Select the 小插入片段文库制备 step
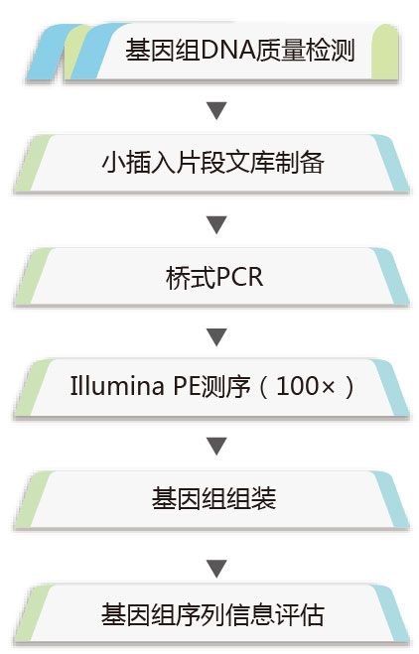pyautogui.click(x=212, y=163)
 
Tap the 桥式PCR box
pyautogui.click(x=212, y=277)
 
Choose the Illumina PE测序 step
pyautogui.click(x=212, y=387)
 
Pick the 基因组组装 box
pyautogui.click(x=212, y=499)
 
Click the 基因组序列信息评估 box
pyautogui.click(x=212, y=613)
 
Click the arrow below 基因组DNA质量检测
pyautogui.click(x=216, y=110)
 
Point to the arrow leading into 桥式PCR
pyautogui.click(x=216, y=224)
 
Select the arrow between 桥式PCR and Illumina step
pyautogui.click(x=216, y=337)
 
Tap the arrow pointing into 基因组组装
pyautogui.click(x=216, y=446)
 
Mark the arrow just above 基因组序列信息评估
pyautogui.click(x=216, y=569)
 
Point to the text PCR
pyautogui.click(x=239, y=277)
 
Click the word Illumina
pyautogui.click(x=117, y=386)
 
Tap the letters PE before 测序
pyautogui.click(x=187, y=386)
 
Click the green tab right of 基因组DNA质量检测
pyautogui.click(x=385, y=52)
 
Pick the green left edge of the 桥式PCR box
pyautogui.click(x=34, y=276)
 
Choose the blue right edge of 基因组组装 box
pyautogui.click(x=390, y=499)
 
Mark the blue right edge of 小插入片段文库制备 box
pyautogui.click(x=390, y=163)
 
